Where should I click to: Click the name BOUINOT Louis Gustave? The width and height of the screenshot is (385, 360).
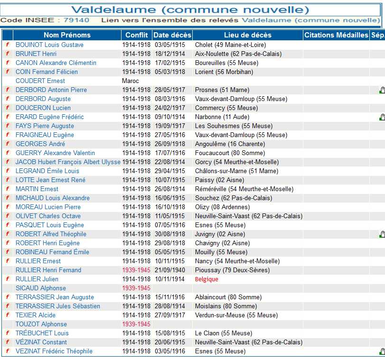click(x=49, y=45)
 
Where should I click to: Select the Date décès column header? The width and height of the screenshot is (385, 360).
click(x=172, y=35)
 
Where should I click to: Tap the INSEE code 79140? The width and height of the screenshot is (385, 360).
click(x=76, y=20)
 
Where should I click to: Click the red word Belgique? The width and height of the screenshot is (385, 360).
click(x=207, y=279)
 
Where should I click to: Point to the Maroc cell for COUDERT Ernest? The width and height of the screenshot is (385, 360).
click(x=131, y=81)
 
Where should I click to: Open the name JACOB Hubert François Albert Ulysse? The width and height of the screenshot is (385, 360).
click(x=68, y=162)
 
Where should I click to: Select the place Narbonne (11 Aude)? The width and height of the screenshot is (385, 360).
click(x=222, y=117)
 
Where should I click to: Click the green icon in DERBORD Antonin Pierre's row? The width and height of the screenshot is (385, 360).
click(x=382, y=90)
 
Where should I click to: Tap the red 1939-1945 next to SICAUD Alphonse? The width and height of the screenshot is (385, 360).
click(x=136, y=288)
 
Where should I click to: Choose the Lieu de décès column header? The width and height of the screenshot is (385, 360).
click(x=248, y=35)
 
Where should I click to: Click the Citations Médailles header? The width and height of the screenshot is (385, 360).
click(x=336, y=35)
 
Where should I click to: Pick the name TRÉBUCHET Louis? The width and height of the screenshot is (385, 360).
click(x=42, y=333)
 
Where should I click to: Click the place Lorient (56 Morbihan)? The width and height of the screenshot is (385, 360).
click(x=224, y=72)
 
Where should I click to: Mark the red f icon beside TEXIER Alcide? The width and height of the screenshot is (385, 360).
click(x=8, y=315)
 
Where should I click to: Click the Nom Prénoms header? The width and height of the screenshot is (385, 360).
click(x=67, y=35)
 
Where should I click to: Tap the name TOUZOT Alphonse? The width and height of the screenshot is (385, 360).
click(x=41, y=324)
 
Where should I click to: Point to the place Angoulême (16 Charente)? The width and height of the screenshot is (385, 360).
click(x=230, y=144)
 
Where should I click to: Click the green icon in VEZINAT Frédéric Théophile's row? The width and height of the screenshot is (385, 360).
click(x=382, y=351)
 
